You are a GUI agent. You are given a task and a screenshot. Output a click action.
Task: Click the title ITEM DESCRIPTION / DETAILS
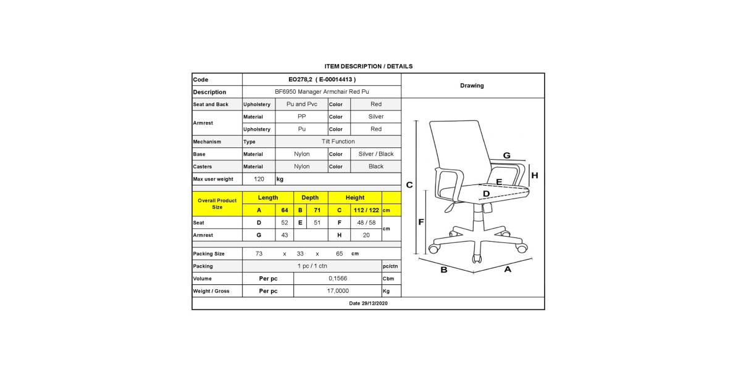pos(368,66)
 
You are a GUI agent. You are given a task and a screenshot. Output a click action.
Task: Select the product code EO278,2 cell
pos(322,80)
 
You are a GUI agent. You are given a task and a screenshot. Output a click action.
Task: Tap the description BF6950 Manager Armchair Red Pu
pos(322,92)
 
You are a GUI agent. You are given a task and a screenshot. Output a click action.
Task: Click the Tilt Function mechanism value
pos(338,142)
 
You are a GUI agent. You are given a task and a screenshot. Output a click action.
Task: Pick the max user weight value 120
pos(259,179)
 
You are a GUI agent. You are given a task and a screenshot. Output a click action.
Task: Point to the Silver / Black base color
pos(375,154)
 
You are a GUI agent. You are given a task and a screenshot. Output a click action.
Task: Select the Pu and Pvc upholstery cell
pos(301,104)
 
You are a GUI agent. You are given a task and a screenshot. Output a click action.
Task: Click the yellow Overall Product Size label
pos(217,203)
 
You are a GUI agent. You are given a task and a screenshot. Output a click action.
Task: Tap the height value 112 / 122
pos(366,210)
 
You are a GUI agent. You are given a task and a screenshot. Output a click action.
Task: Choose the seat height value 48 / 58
pos(366,223)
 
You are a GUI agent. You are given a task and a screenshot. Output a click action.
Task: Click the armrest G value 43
pos(285,235)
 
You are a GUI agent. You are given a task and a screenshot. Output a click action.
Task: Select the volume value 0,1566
pos(338,279)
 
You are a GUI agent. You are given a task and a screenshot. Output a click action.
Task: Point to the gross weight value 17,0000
pos(338,291)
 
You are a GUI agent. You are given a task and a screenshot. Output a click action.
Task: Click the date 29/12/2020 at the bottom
pos(368,303)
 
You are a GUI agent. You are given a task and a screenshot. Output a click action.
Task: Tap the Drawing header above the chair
pos(472,86)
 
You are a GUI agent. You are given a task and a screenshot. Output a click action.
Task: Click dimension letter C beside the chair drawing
pos(409,185)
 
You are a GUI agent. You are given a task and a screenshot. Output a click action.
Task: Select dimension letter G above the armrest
pos(506,155)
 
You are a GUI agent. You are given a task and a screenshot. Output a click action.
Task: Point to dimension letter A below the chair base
pos(508,269)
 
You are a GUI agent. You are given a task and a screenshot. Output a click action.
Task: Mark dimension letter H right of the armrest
pos(535,175)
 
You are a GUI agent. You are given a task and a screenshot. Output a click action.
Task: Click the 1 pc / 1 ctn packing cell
pos(312,266)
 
